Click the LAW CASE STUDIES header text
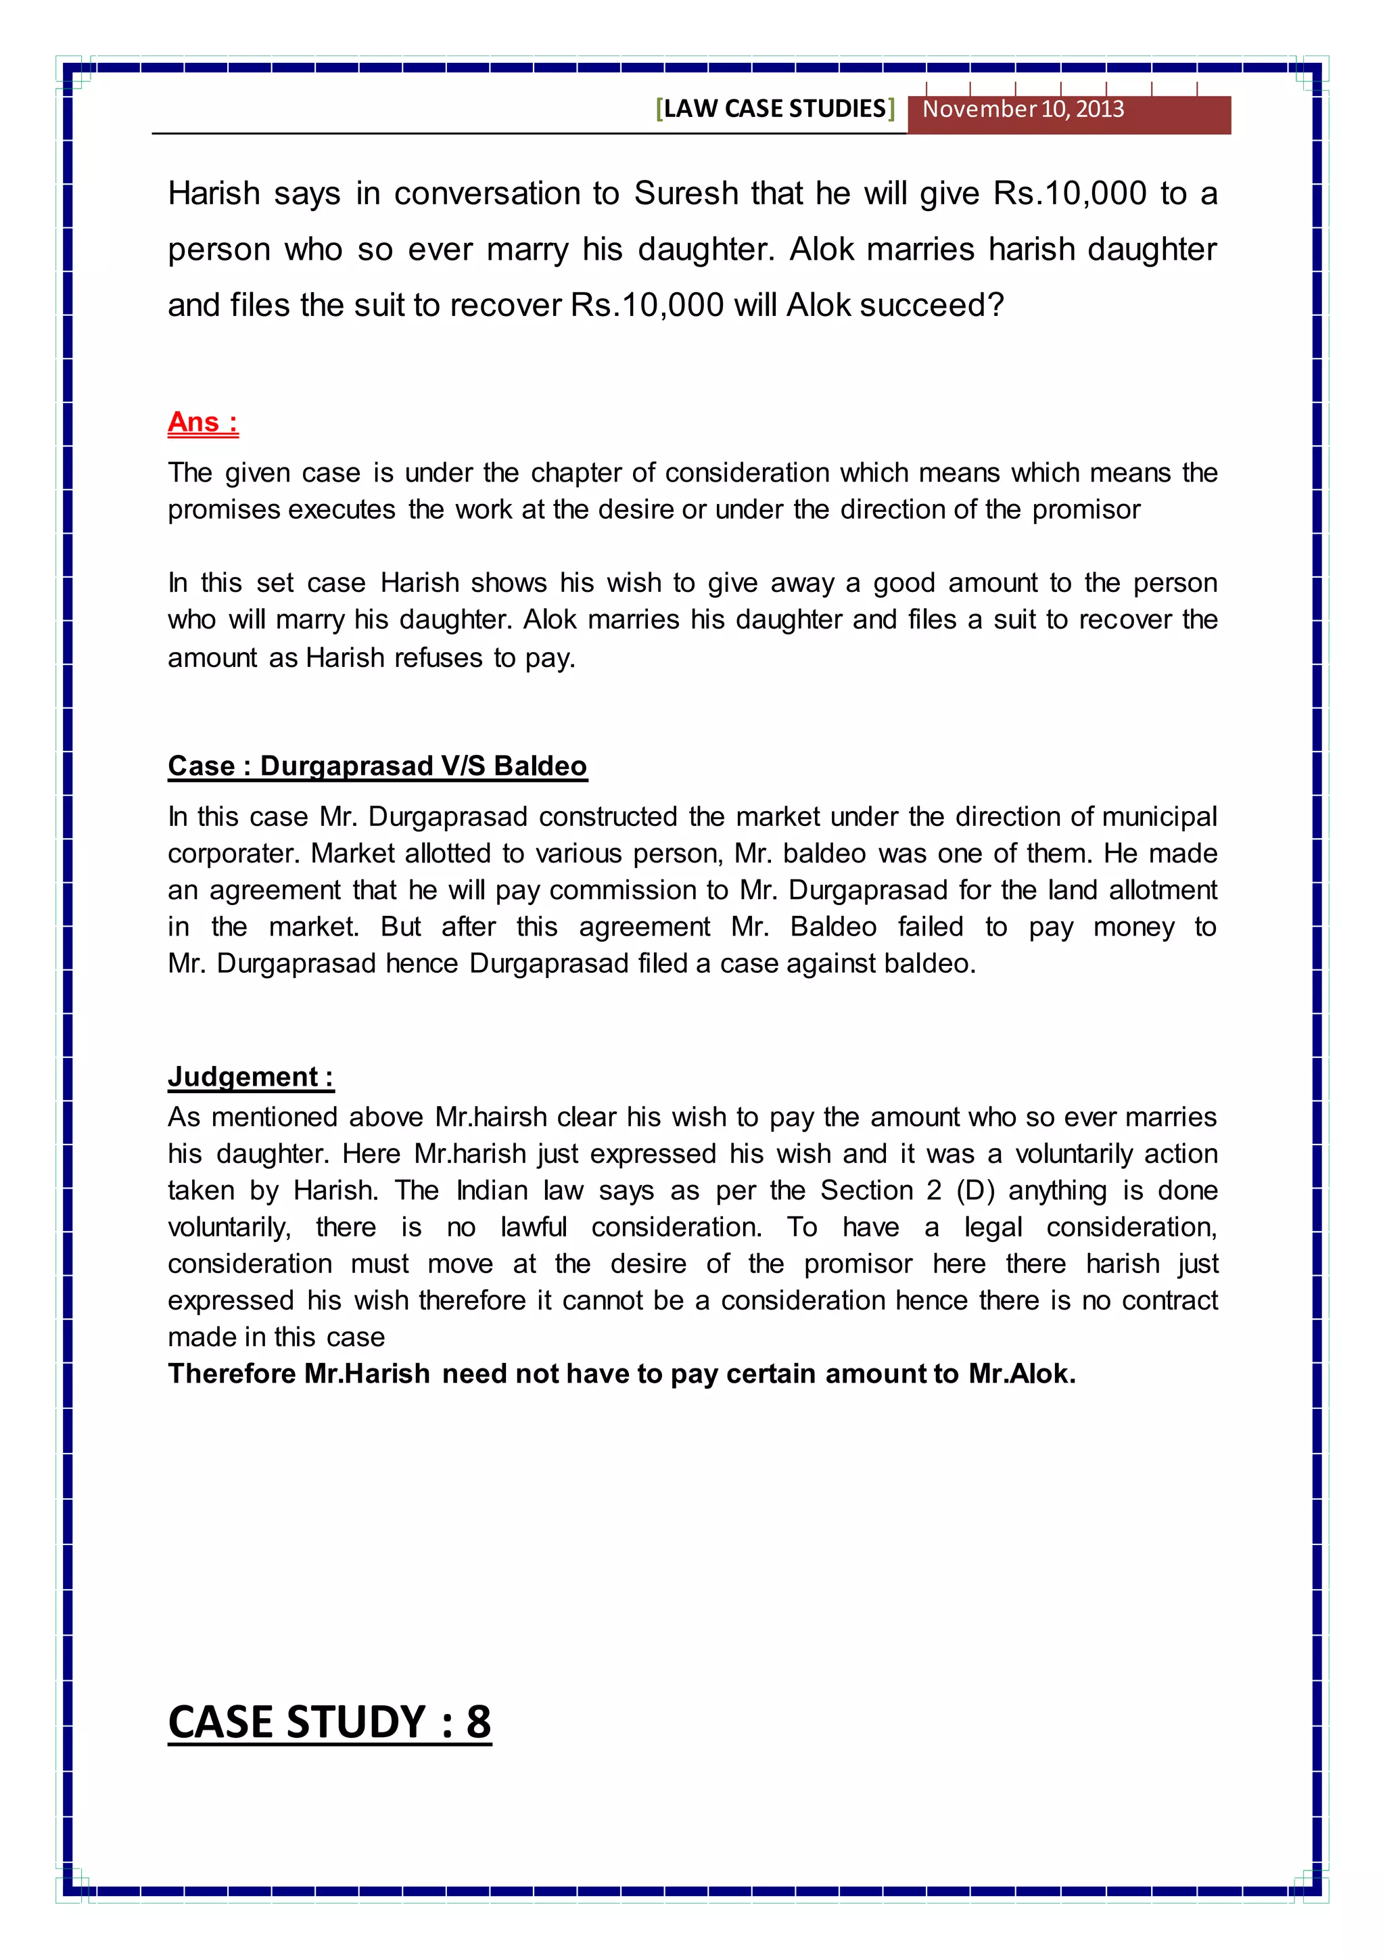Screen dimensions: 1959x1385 [774, 108]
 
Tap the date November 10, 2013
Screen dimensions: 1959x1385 [1023, 109]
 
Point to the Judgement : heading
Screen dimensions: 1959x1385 [250, 1077]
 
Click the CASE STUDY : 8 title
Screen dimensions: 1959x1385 [329, 1722]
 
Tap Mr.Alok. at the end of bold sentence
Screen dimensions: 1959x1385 [1022, 1374]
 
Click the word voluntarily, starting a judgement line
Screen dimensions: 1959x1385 [229, 1227]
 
